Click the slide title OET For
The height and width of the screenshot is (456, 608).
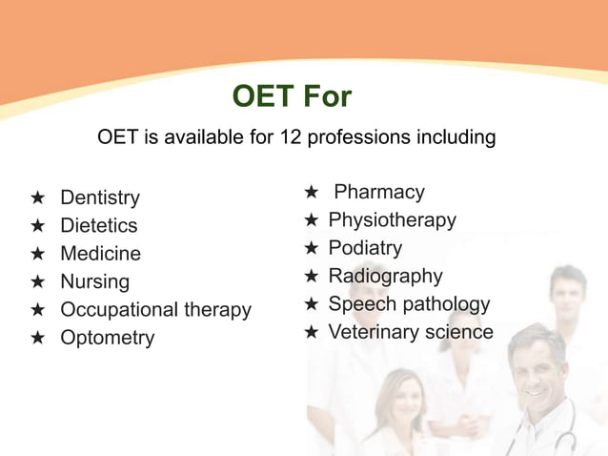point(292,96)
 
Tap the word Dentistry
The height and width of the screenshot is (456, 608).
point(100,198)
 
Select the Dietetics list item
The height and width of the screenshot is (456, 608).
point(99,226)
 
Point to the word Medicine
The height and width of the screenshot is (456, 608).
point(100,254)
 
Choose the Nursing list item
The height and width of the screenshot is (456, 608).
point(94,282)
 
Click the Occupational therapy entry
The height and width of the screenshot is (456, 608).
point(155,310)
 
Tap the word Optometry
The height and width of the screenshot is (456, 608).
point(107,339)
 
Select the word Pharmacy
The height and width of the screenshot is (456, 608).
point(379,193)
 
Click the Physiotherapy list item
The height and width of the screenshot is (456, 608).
point(392,220)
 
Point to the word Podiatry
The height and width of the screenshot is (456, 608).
point(365,248)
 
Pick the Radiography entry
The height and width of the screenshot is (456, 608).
point(385,277)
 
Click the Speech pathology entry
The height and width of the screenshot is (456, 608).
point(409,304)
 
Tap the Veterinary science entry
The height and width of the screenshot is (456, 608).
point(411,332)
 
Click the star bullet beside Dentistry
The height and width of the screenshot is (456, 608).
point(37,198)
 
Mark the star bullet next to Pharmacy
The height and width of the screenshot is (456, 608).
point(311,193)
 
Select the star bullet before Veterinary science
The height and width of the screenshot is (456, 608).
point(311,332)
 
